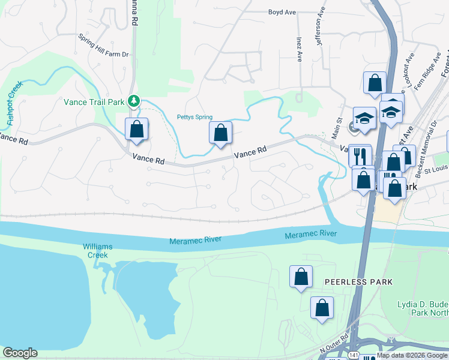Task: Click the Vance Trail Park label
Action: pyautogui.click(x=94, y=102)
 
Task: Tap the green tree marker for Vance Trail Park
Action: pyautogui.click(x=136, y=101)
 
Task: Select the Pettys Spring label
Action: pyautogui.click(x=194, y=117)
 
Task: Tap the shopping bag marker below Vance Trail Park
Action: pyautogui.click(x=137, y=129)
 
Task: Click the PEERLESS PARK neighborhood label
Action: pyautogui.click(x=358, y=281)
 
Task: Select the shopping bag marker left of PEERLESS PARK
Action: pyautogui.click(x=301, y=277)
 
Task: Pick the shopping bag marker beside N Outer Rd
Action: pyautogui.click(x=322, y=308)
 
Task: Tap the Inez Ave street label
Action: pyautogui.click(x=298, y=48)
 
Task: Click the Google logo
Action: pyautogui.click(x=20, y=353)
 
